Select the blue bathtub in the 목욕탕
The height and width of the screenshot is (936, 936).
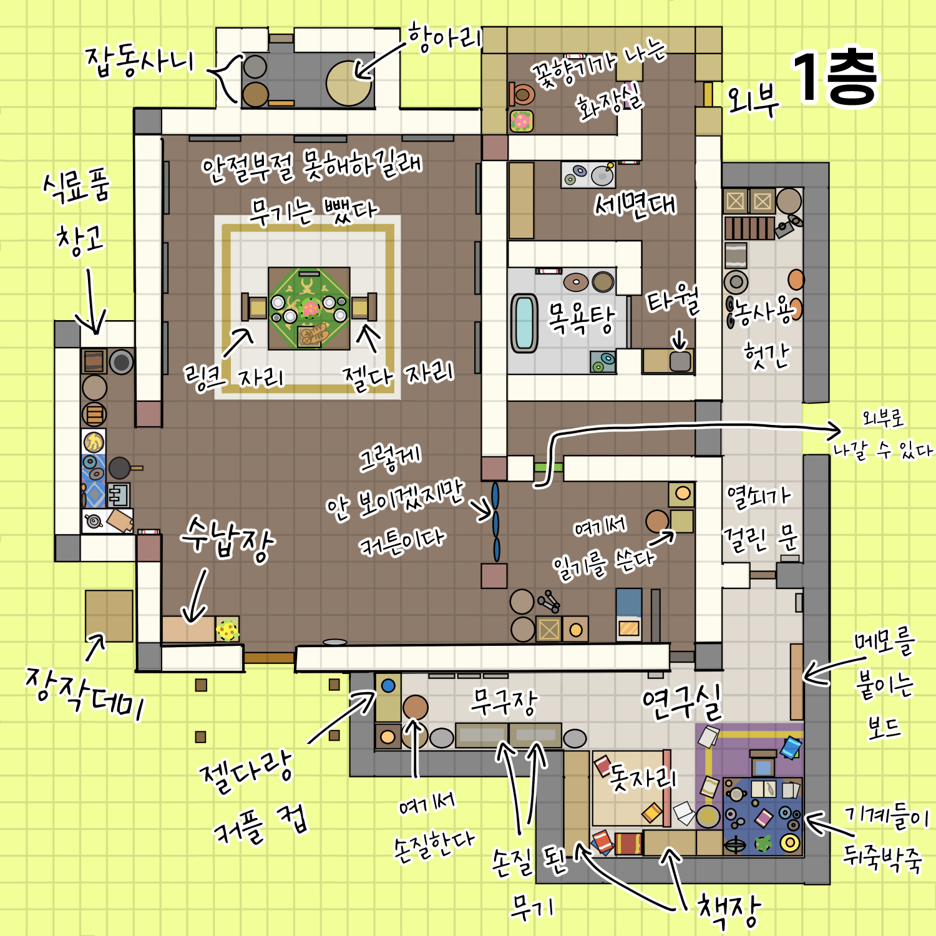point(524,323)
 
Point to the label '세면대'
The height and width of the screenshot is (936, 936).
point(635,205)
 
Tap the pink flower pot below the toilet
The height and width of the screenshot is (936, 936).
point(521,121)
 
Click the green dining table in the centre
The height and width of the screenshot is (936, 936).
point(309,308)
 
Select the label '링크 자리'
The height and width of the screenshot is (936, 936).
point(233,378)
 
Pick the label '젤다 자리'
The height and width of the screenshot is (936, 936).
point(398,374)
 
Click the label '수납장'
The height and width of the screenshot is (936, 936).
point(228,539)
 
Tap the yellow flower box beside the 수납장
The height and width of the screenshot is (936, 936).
point(227,630)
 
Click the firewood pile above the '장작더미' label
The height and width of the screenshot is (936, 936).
point(109,616)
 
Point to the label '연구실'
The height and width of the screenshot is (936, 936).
point(682,703)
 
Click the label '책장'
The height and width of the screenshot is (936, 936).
point(729,910)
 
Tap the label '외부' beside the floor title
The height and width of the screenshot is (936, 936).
point(754,100)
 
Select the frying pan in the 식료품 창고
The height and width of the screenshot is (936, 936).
point(123,467)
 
